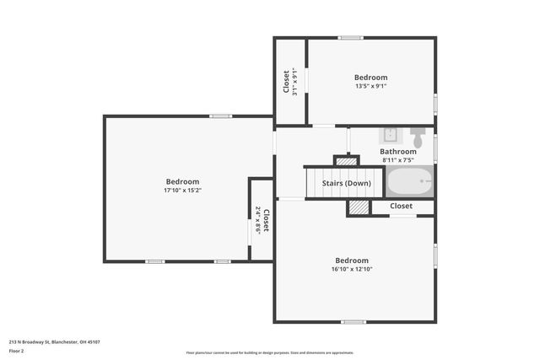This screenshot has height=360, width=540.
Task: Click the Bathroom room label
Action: click(x=397, y=152)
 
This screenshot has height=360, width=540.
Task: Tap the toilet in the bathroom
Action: click(x=417, y=137)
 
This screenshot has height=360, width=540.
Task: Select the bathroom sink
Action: click(x=391, y=136)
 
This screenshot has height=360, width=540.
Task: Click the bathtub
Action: click(x=409, y=181)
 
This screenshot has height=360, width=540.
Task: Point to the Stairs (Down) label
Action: click(x=346, y=183)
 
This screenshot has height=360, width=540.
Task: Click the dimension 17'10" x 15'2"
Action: click(x=182, y=191)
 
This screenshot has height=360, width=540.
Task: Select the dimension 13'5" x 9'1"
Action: click(x=370, y=86)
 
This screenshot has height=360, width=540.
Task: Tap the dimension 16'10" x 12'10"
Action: click(x=353, y=269)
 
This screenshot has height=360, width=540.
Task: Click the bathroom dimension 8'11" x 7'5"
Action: click(x=397, y=160)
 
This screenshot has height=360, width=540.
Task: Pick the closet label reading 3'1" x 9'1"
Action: click(x=290, y=82)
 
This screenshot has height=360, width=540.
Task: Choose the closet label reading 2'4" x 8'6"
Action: click(x=262, y=219)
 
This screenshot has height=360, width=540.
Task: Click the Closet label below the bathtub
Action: click(x=401, y=206)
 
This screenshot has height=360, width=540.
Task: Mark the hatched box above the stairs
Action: click(x=346, y=160)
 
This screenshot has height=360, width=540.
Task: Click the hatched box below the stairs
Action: click(x=359, y=207)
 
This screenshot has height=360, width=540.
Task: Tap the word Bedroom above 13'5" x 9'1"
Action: click(x=370, y=78)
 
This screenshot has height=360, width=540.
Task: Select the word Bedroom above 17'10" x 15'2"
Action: click(x=182, y=181)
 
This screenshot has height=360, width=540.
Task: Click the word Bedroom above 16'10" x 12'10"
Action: click(x=353, y=260)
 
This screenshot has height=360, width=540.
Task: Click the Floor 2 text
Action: click(x=18, y=351)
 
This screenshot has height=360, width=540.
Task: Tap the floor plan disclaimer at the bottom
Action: click(x=270, y=353)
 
